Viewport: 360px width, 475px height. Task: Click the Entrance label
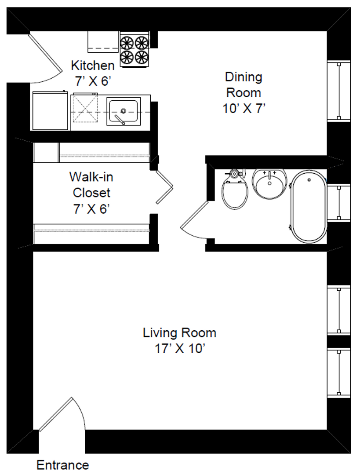tap(63, 465)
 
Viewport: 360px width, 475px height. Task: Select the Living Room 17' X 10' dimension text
tap(180, 349)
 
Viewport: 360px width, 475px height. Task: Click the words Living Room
tap(179, 332)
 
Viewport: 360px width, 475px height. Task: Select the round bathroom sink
tap(269, 183)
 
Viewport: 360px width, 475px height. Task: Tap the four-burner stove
tap(135, 49)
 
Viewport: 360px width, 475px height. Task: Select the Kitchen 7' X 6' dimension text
tap(93, 81)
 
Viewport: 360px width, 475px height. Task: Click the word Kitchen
tap(93, 66)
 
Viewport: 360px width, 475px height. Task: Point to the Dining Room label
tap(244, 85)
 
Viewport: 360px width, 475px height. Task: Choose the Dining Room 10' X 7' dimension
tap(244, 109)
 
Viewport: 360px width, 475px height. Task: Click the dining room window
tap(339, 91)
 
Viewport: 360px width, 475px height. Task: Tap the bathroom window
tap(339, 203)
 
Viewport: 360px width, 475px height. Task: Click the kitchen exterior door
tap(45, 58)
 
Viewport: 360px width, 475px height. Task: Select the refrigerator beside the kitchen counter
tap(50, 110)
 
